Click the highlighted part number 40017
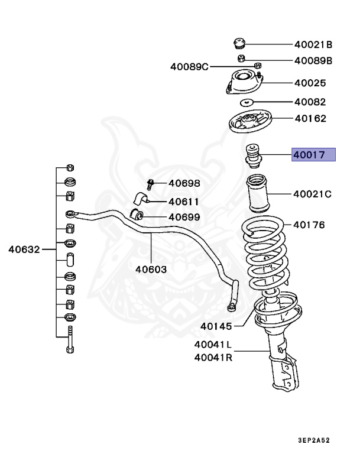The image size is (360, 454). tap(313, 155)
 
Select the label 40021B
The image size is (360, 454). tap(313, 44)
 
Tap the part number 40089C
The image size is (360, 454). tap(190, 67)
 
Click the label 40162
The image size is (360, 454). tap(310, 118)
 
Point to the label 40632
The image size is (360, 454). tap(24, 249)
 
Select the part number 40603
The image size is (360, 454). tap(151, 268)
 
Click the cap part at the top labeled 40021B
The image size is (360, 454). tap(239, 44)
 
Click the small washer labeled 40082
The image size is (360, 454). tap(247, 102)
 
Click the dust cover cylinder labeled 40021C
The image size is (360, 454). tap(257, 194)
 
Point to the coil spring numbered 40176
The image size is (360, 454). tap(265, 254)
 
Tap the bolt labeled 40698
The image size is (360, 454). tap(151, 184)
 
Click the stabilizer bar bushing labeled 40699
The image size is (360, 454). tap(137, 213)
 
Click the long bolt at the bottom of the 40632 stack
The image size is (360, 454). tap(70, 339)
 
